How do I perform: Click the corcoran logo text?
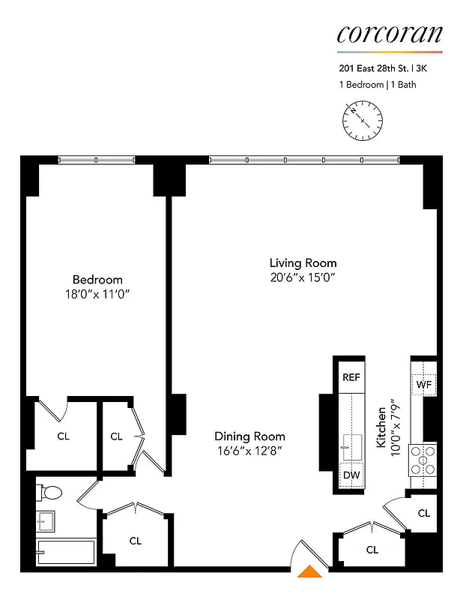tap(389, 34)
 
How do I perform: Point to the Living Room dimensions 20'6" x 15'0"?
tap(303, 277)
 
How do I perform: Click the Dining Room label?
tap(249, 436)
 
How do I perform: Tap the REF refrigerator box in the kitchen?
tap(351, 377)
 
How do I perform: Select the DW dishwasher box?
tap(351, 475)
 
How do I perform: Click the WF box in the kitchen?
tap(424, 385)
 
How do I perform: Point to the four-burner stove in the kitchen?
tap(423, 460)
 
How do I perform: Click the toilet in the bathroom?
tap(51, 493)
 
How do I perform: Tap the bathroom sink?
tap(45, 520)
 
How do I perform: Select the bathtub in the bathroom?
tap(66, 552)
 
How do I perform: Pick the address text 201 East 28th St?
tap(371, 70)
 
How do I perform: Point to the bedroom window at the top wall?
tap(97, 159)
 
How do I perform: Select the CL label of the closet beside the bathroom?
tap(136, 540)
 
